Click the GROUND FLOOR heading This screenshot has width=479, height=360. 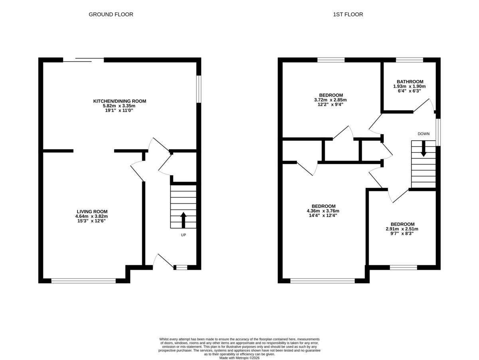(x=111, y=14)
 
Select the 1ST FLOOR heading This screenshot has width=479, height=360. (x=348, y=14)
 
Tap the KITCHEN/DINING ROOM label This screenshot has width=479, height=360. (x=120, y=101)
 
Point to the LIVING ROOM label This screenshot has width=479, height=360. (x=92, y=211)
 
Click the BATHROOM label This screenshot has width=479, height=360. (x=410, y=82)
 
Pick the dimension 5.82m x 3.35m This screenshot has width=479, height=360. (x=120, y=106)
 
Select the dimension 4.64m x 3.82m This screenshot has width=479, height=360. (x=92, y=216)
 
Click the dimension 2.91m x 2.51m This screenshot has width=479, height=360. (x=402, y=229)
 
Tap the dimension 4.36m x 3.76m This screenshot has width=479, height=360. (x=323, y=211)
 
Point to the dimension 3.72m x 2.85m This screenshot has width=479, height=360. (x=331, y=100)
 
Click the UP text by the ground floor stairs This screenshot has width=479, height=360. (x=184, y=235)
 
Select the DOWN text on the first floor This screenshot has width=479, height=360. (x=424, y=134)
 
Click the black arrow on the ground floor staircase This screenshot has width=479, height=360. (x=184, y=220)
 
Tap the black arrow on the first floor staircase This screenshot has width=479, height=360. (x=424, y=149)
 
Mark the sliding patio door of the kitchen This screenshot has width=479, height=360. (x=83, y=60)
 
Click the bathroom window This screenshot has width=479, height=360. (x=410, y=60)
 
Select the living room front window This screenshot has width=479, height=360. (x=83, y=281)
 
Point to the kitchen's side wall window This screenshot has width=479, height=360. (x=198, y=89)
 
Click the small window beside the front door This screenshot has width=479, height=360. (x=182, y=267)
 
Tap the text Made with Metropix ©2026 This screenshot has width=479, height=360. (x=239, y=358)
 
